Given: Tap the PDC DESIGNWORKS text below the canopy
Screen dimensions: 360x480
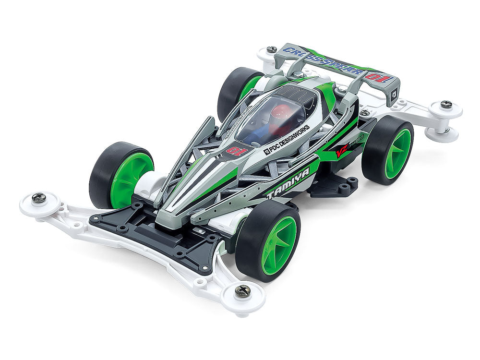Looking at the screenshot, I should [x=287, y=139].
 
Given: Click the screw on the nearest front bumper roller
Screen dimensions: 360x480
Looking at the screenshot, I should [x=243, y=290].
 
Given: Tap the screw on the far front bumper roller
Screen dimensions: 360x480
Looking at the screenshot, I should [x=39, y=198].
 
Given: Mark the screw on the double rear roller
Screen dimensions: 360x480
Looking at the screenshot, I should [x=446, y=104].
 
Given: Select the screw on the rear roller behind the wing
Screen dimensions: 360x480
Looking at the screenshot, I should [x=272, y=49].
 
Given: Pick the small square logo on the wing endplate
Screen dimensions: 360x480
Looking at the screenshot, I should [x=393, y=94].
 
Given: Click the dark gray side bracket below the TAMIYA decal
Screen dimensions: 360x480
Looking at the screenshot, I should [x=334, y=185].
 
